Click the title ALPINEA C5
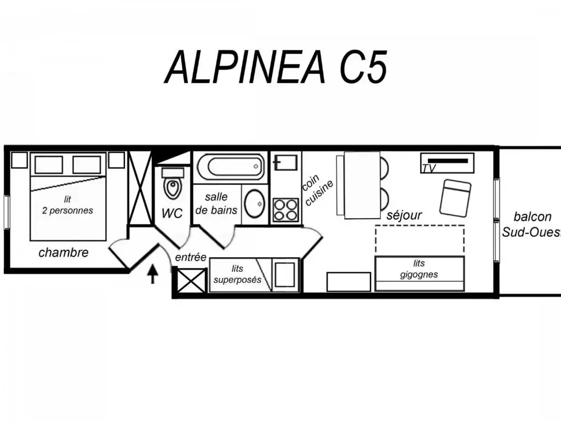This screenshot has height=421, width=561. [x=276, y=67]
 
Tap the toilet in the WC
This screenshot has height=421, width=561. [x=173, y=183]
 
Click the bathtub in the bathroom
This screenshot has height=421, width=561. [x=231, y=167]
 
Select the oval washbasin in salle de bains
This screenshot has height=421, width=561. [x=254, y=204]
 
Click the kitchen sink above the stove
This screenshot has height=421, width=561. [x=285, y=162]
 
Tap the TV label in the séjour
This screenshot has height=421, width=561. [x=428, y=168]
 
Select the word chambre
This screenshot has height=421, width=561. [x=64, y=252]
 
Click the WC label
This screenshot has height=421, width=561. [x=171, y=213]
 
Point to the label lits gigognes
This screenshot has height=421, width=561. [x=419, y=269]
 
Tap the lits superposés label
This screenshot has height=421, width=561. [x=237, y=274]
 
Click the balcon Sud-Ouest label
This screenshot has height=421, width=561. [x=532, y=224]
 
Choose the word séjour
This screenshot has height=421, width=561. [x=404, y=215]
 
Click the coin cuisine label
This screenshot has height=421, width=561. [x=318, y=190]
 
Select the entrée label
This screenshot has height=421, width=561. [x=191, y=257]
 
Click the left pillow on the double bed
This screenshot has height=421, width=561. [x=49, y=164]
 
